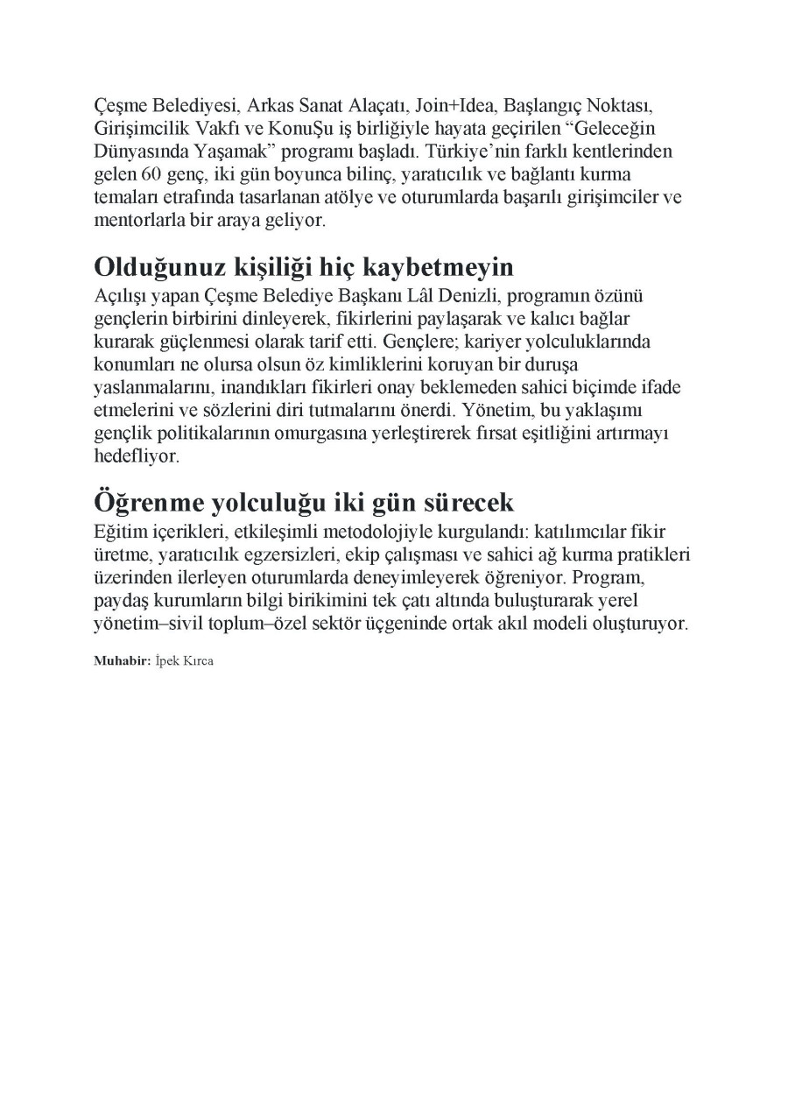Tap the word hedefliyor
point(135,456)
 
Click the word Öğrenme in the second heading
point(145,503)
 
